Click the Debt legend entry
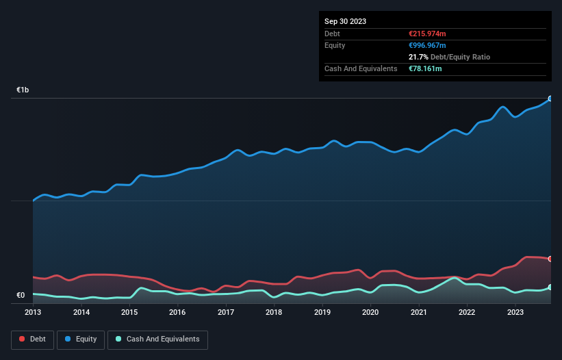pyautogui.click(x=32, y=339)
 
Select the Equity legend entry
pyautogui.click(x=81, y=339)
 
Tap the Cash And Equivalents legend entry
pyautogui.click(x=157, y=339)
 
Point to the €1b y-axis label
pyautogui.click(x=23, y=90)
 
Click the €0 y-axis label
pyautogui.click(x=21, y=296)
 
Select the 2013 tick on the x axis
pyautogui.click(x=33, y=313)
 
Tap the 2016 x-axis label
pyautogui.click(x=177, y=313)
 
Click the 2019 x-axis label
pyautogui.click(x=322, y=313)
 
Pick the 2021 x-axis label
pyautogui.click(x=418, y=313)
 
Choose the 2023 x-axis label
pyautogui.click(x=515, y=313)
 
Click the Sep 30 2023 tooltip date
pyautogui.click(x=345, y=21)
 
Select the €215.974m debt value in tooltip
pyautogui.click(x=427, y=34)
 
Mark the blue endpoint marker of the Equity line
pyautogui.click(x=550, y=99)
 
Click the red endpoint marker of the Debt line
pyautogui.click(x=550, y=259)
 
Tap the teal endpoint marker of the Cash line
pyautogui.click(x=550, y=287)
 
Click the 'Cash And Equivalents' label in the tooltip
pyautogui.click(x=361, y=68)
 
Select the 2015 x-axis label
pyautogui.click(x=129, y=313)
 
